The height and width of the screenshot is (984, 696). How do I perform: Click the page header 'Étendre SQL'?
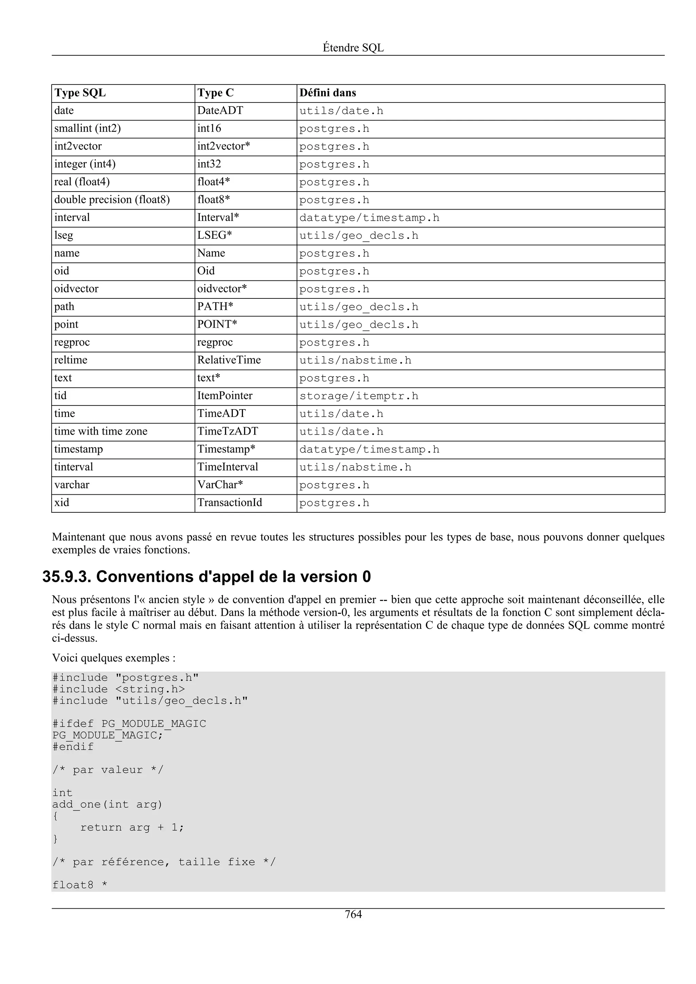point(353,48)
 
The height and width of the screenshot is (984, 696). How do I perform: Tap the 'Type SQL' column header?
point(80,93)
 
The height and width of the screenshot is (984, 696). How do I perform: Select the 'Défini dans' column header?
point(328,93)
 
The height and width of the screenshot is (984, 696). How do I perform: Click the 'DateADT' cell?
point(220,111)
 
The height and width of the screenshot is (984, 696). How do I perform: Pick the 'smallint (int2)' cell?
point(87,129)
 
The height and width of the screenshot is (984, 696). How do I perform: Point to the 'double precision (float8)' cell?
point(112,200)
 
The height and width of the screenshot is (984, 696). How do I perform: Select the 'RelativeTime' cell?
point(229,360)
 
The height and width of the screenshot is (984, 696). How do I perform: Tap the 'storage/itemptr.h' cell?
point(359,396)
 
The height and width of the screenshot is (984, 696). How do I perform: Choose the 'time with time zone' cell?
point(101,432)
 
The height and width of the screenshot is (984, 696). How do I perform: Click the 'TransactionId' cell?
point(229,503)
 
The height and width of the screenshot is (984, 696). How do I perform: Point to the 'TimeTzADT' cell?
point(228,432)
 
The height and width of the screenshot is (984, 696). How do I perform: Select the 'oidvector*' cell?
point(222,289)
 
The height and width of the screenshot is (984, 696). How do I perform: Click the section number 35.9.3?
point(67,577)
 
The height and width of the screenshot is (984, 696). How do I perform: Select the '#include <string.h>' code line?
point(119,689)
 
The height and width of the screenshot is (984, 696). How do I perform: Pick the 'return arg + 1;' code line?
point(132,827)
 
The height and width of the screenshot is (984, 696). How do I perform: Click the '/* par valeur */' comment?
point(108,770)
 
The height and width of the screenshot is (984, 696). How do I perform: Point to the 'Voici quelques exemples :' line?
point(114,658)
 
